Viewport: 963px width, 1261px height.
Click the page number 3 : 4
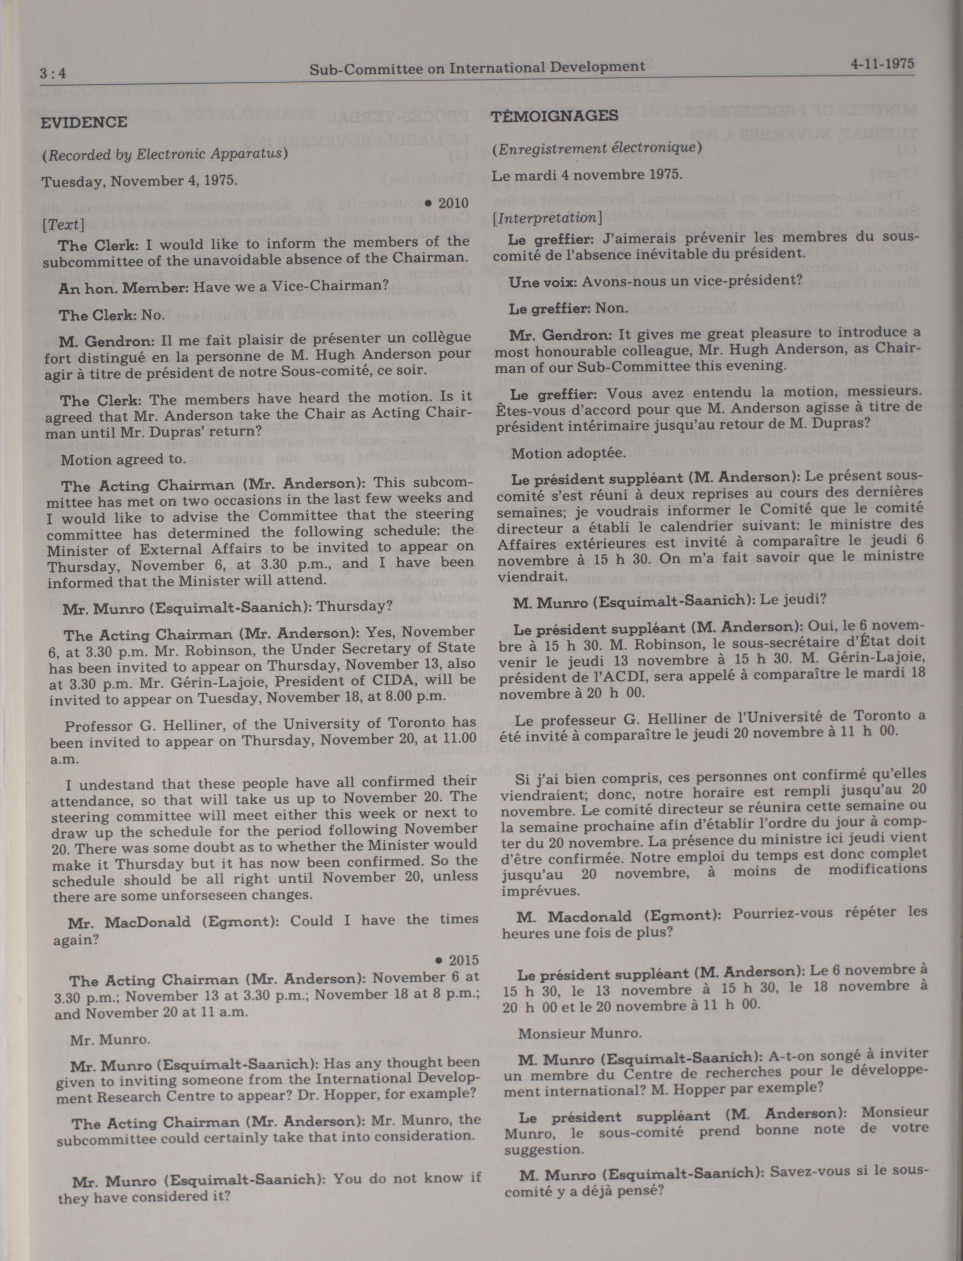pos(53,74)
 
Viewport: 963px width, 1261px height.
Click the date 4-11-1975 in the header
pos(882,64)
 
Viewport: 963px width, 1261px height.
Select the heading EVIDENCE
pos(84,123)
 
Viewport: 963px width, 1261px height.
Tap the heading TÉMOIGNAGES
pos(554,116)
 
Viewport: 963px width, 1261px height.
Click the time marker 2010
pos(447,203)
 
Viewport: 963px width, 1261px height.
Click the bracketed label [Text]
pos(63,225)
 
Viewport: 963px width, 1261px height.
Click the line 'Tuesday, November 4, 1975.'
pos(139,181)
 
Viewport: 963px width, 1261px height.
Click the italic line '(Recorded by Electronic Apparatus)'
pos(164,154)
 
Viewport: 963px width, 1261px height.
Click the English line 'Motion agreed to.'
pos(123,460)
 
